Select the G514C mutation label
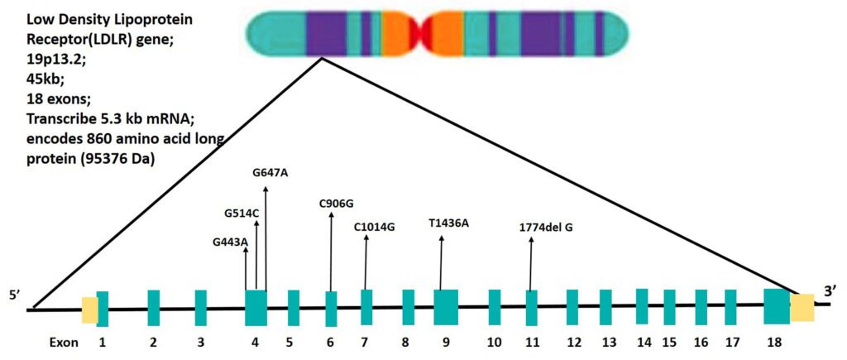pos(242,213)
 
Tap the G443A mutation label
pos(231,242)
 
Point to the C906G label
pos(336,204)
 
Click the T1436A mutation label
pos(448,223)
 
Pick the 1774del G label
pos(546,226)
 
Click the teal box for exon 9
pos(446,307)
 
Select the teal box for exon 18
pos(777,306)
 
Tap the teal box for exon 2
pos(153,308)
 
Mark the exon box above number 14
pos(642,306)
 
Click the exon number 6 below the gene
pos(330,342)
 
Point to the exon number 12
pos(572,342)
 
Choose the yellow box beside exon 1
pos(89,310)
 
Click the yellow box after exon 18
pos(802,307)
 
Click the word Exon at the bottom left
pos(63,342)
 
